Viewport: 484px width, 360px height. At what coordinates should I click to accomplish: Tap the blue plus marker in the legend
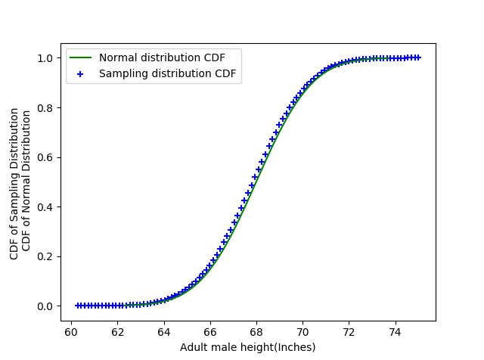tap(81, 73)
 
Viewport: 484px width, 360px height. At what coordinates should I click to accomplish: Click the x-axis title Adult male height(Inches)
tap(247, 347)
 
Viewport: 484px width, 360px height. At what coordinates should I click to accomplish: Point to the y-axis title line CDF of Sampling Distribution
tap(14, 183)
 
